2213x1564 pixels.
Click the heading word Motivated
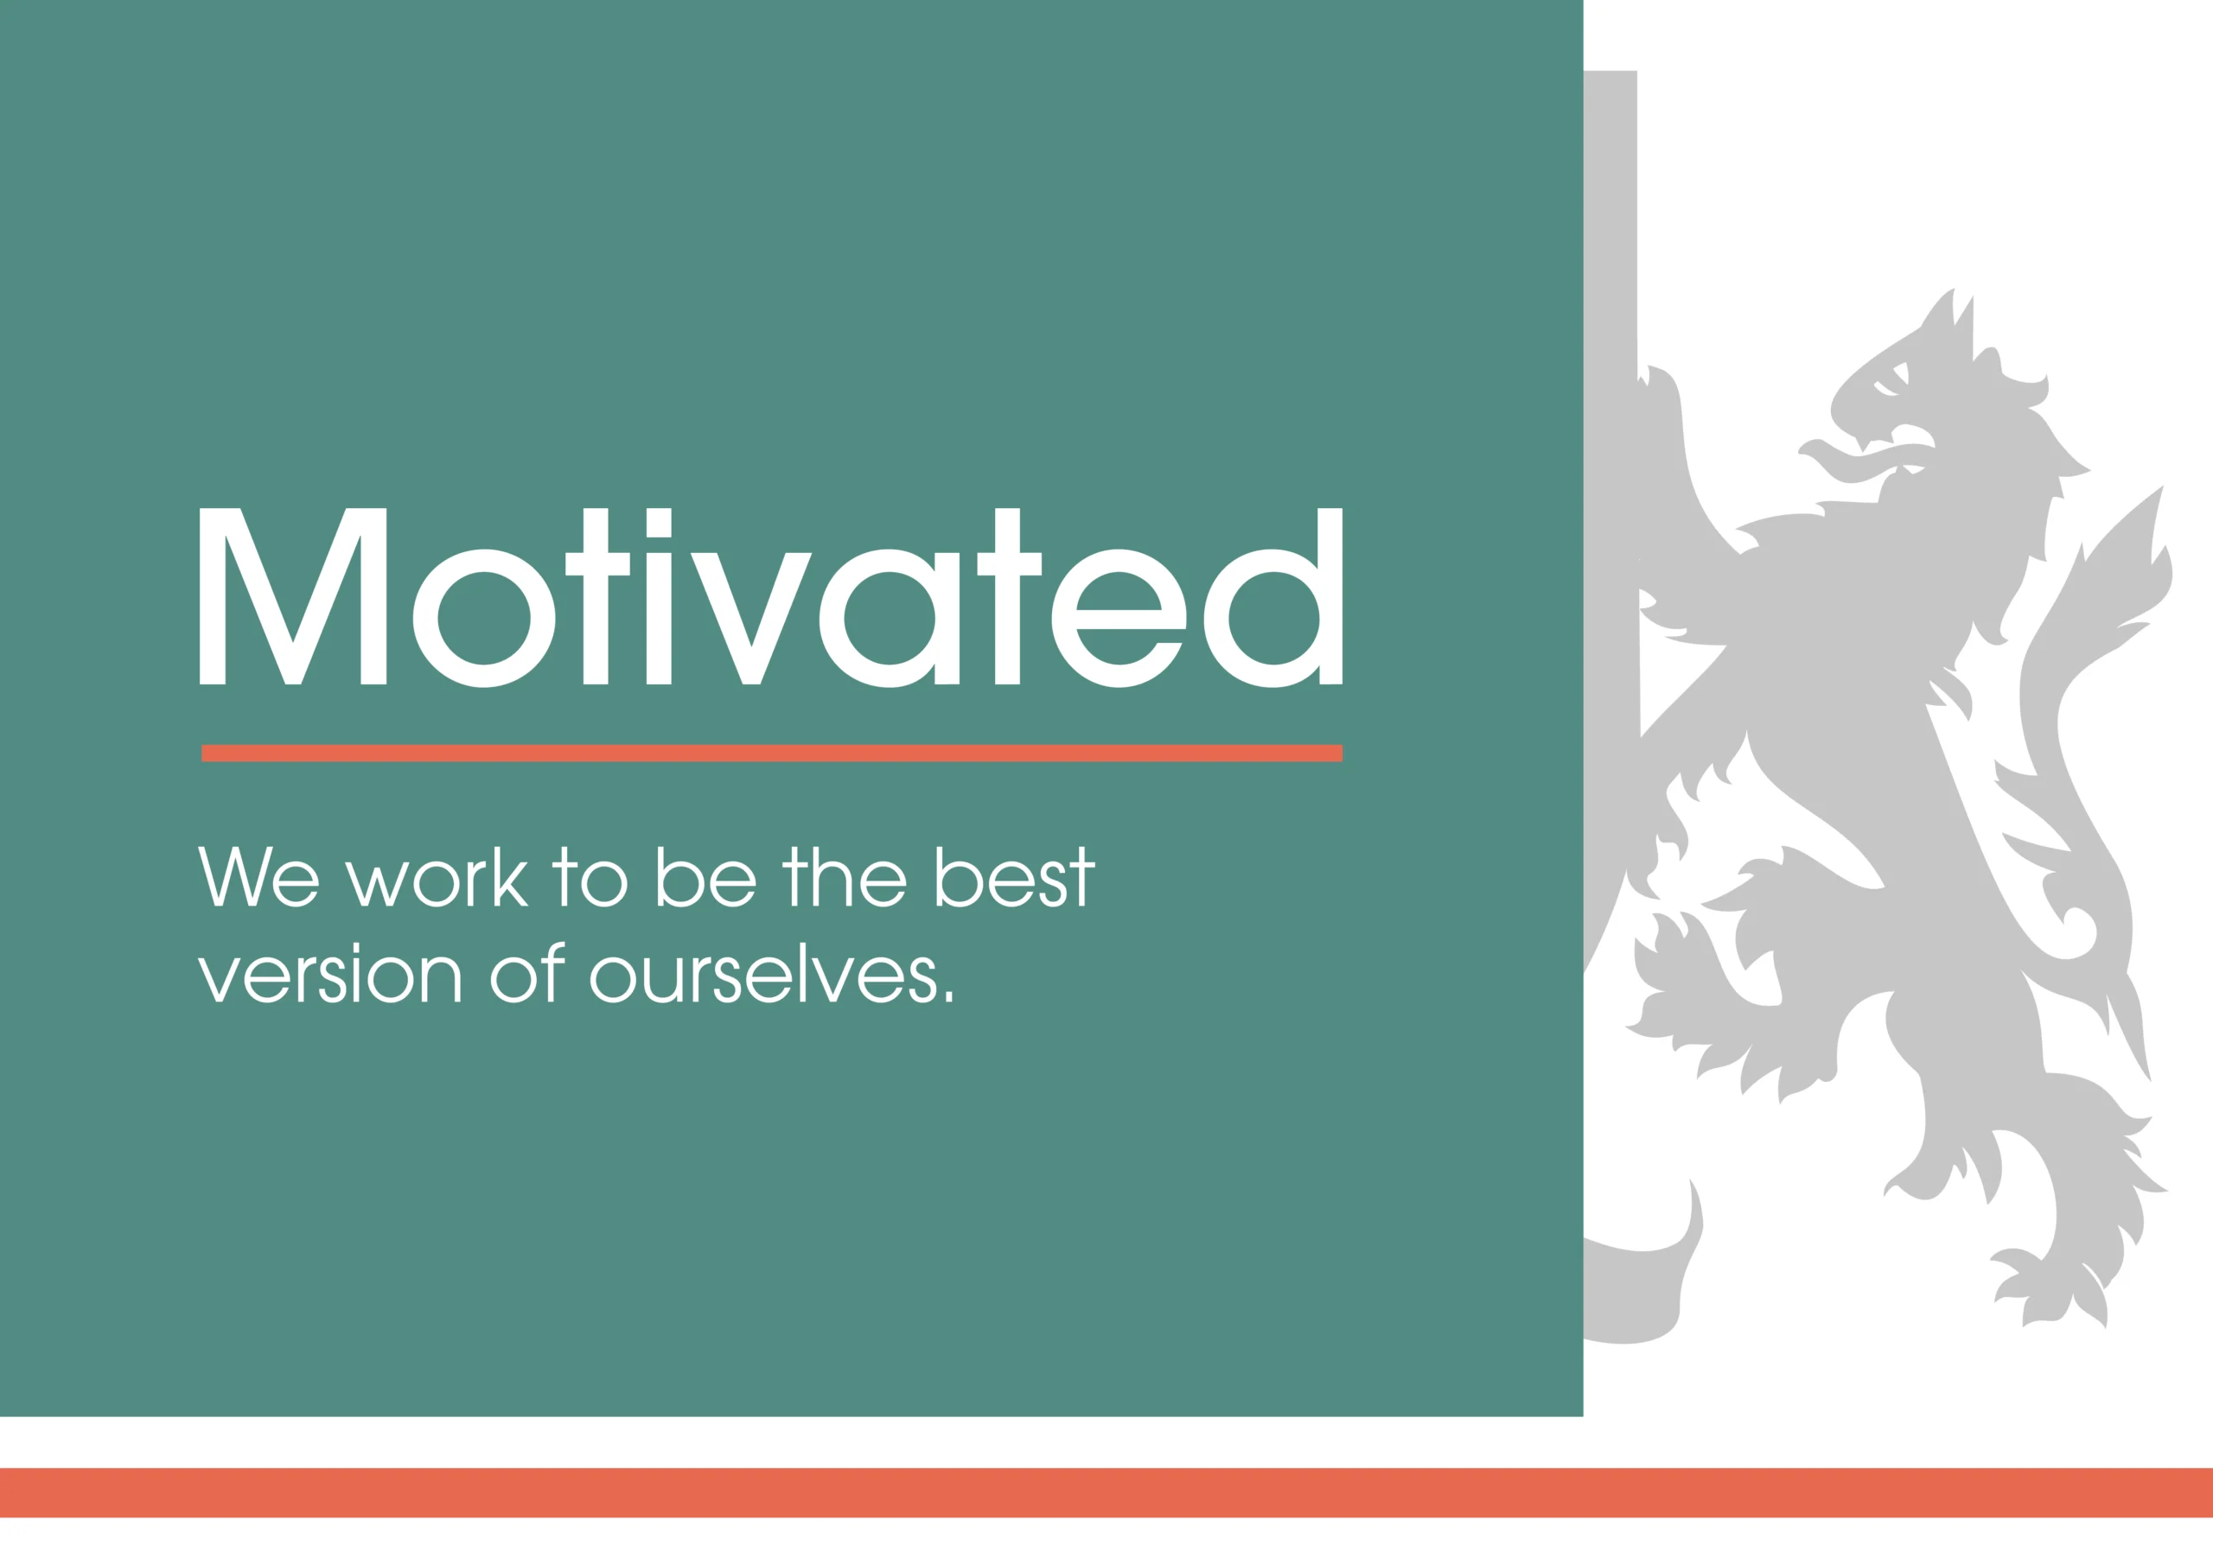[771, 596]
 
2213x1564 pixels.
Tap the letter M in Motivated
[293, 596]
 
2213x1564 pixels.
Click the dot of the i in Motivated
[659, 521]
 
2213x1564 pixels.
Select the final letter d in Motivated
[1273, 596]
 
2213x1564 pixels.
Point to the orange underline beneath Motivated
[771, 753]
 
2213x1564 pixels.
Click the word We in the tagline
[258, 876]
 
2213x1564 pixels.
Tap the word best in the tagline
[1016, 876]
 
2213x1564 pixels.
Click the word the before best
[844, 876]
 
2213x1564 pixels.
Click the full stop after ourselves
[948, 997]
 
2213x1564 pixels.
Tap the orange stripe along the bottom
[1106, 1492]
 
